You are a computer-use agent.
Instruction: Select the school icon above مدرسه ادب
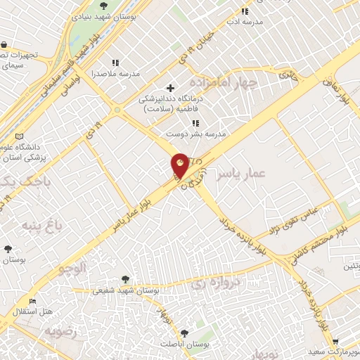pos(245,11)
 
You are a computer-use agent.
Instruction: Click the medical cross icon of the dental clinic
pos(170,89)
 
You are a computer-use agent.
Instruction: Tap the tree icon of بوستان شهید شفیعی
pos(125,279)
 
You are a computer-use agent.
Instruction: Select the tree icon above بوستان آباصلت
pos(184,333)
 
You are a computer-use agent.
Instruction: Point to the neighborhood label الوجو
pos(73,268)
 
